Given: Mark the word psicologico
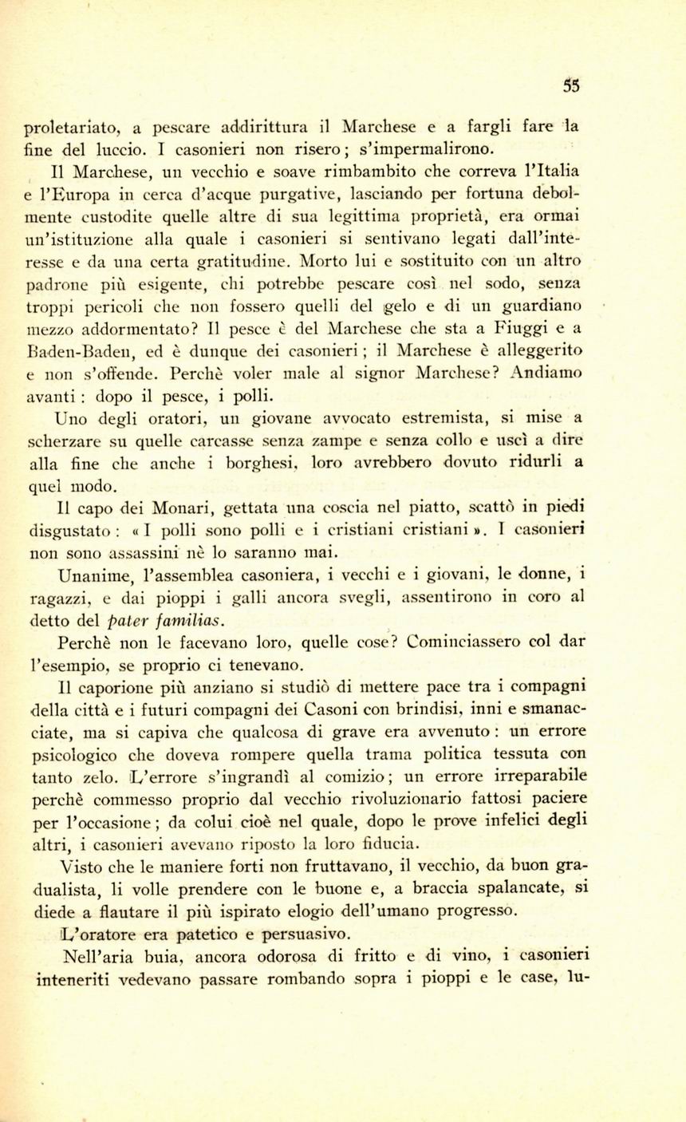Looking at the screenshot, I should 73,754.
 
